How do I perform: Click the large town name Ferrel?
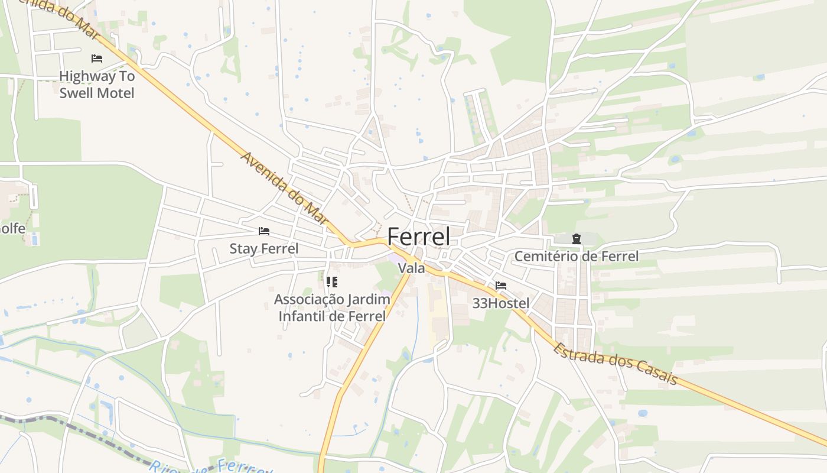pos(418,237)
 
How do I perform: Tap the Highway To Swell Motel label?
pos(97,85)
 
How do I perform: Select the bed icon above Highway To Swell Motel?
pos(97,59)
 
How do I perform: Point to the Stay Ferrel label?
pos(264,249)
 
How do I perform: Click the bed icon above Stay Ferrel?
pos(264,231)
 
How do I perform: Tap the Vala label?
pos(412,268)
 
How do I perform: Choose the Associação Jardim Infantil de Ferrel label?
pos(332,307)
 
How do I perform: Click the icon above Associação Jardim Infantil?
pos(332,282)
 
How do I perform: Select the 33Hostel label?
pos(501,303)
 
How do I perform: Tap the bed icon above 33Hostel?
pos(501,286)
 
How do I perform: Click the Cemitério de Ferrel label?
pos(577,257)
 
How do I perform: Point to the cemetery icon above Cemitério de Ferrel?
pos(577,239)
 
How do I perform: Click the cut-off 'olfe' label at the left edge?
pos(12,228)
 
